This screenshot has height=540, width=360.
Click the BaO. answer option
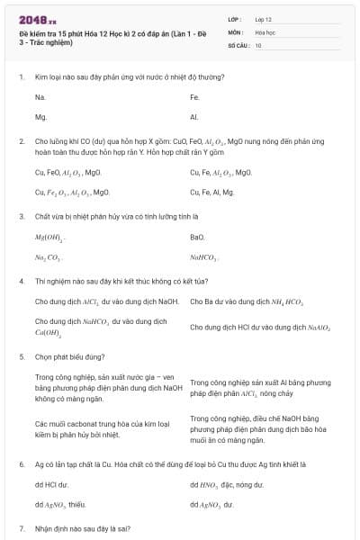click(x=198, y=237)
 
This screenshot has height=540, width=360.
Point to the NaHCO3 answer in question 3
click(x=204, y=257)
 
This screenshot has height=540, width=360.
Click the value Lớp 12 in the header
click(x=263, y=18)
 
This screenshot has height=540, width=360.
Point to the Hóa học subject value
click(x=264, y=31)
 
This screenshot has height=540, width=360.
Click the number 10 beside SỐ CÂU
click(x=258, y=44)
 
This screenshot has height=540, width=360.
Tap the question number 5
click(x=21, y=356)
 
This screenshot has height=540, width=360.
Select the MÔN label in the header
click(x=235, y=31)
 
